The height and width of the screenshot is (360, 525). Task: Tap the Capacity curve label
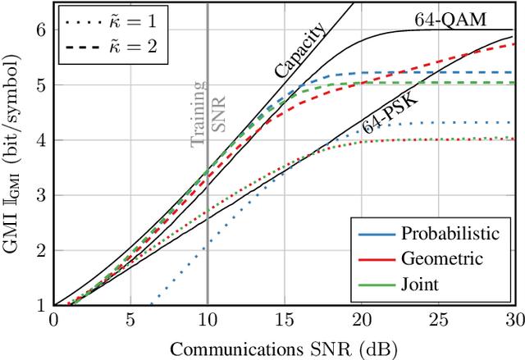pyautogui.click(x=300, y=52)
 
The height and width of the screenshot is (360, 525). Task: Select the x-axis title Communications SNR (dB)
pyautogui.click(x=284, y=348)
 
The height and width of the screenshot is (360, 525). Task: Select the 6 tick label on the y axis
pyautogui.click(x=42, y=29)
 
